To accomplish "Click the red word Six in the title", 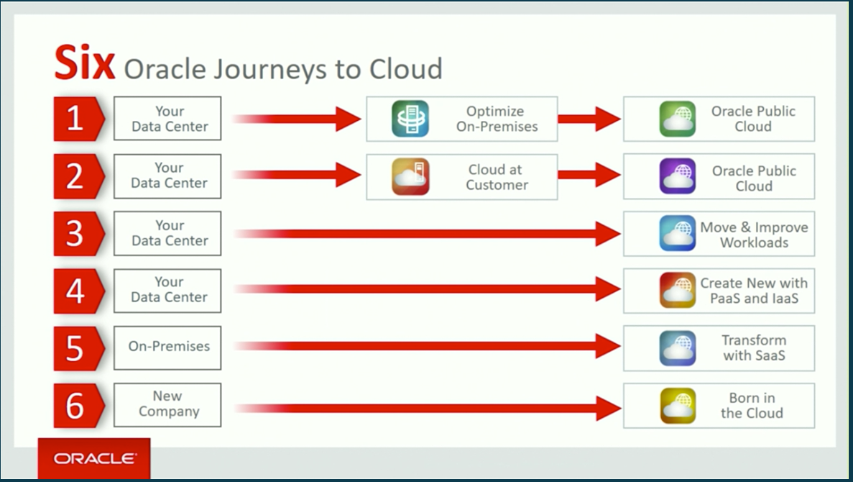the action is [85, 63].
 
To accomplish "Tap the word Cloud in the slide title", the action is [405, 68].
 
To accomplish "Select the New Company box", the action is [167, 405].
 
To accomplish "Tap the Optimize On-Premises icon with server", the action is [410, 119].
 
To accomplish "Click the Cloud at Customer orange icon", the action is [410, 176].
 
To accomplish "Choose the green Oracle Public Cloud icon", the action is [677, 119].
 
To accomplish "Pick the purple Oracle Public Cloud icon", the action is [677, 176].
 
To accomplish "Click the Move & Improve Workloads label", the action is [754, 235].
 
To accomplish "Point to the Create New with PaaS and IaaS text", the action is [754, 291].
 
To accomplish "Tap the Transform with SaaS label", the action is [754, 347].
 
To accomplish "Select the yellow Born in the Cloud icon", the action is [677, 406].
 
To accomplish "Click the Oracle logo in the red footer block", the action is [95, 458].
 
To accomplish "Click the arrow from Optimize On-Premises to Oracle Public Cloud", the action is [589, 119].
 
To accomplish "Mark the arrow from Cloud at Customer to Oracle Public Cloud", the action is [589, 175].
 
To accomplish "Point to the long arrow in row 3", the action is [427, 234].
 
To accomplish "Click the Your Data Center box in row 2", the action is [167, 176].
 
